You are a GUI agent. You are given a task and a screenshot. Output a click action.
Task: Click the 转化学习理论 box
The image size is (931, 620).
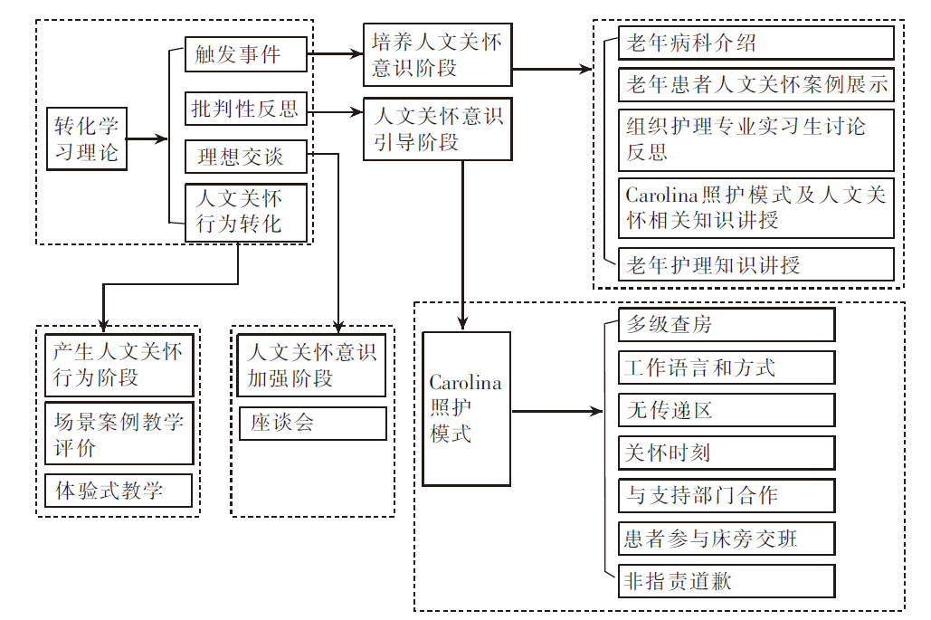[x=87, y=138]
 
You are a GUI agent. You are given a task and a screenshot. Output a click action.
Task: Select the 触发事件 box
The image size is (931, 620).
[x=245, y=54]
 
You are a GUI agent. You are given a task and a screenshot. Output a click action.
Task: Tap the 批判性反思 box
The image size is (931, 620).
[x=245, y=110]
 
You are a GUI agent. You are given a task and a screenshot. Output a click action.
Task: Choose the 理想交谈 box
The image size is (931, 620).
[x=245, y=157]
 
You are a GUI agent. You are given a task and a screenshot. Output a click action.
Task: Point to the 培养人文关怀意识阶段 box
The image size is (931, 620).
[x=437, y=54]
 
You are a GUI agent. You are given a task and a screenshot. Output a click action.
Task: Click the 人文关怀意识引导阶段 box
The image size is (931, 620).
[x=437, y=129]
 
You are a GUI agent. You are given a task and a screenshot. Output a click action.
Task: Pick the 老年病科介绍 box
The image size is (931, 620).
[x=756, y=43]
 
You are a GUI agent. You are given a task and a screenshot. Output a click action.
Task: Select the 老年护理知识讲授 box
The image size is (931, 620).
[x=756, y=264]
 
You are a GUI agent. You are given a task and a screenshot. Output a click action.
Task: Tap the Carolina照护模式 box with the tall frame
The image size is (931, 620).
[x=466, y=408]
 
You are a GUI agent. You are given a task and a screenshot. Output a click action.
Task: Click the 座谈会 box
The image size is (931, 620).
[x=312, y=423]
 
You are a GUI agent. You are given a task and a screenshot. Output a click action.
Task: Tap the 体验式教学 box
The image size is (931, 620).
[x=119, y=491]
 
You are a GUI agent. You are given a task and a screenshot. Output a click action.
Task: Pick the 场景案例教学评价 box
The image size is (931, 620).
[x=119, y=434]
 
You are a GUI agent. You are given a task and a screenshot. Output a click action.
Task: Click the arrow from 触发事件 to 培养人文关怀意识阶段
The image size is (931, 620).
[x=335, y=54]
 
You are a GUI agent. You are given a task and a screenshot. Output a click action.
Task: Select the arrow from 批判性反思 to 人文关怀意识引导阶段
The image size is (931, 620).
[x=335, y=112]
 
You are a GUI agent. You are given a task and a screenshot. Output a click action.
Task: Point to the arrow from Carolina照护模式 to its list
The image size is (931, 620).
[x=556, y=412]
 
